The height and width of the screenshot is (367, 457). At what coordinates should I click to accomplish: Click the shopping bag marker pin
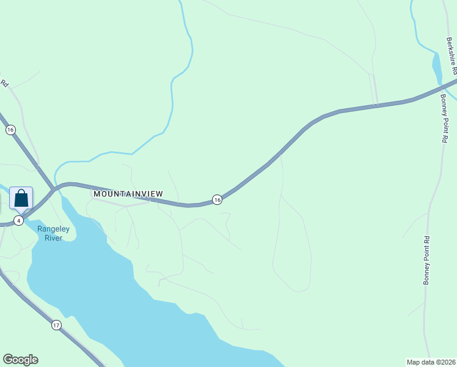pos(21,199)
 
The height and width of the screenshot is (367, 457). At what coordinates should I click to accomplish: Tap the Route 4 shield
pos(19,220)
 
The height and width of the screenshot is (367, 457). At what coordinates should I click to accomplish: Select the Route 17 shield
pos(56,325)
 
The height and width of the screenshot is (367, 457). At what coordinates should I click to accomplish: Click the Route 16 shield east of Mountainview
pos(217,199)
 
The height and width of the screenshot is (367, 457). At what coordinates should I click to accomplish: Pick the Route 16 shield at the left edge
pos(10,130)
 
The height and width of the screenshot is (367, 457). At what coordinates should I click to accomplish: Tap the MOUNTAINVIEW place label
pos(128,194)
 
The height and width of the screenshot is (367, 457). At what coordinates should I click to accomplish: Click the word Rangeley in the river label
pos(53,229)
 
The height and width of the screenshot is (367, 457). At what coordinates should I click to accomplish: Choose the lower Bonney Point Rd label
pos(427,260)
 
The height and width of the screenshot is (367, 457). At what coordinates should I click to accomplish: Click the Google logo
pos(20,360)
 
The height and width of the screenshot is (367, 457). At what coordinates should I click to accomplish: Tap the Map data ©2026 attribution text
pos(431,361)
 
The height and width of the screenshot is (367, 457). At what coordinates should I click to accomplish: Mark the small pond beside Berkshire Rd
pos(437,69)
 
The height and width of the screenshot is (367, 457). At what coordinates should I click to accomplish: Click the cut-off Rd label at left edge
pos(4,82)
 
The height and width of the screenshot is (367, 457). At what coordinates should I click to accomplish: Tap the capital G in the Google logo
pos(8,360)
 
